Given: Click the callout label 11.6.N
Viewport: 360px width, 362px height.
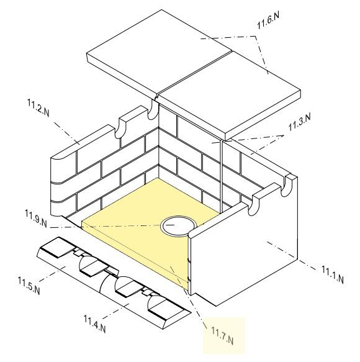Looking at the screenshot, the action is pyautogui.click(x=268, y=20).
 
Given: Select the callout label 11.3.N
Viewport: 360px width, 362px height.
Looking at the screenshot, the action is pyautogui.click(x=300, y=122).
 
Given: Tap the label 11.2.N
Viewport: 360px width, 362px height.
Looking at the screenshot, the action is pyautogui.click(x=38, y=107).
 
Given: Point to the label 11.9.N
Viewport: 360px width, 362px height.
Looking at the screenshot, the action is pyautogui.click(x=36, y=219).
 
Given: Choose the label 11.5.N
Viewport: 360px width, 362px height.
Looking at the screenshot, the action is pyautogui.click(x=29, y=286).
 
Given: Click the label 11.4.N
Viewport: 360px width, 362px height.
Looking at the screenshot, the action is pyautogui.click(x=94, y=324).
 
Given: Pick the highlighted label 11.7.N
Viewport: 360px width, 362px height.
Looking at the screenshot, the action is pyautogui.click(x=222, y=335).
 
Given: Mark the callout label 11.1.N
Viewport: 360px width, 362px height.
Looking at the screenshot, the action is pyautogui.click(x=333, y=274).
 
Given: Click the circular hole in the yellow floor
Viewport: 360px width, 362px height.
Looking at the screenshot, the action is pyautogui.click(x=178, y=226).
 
